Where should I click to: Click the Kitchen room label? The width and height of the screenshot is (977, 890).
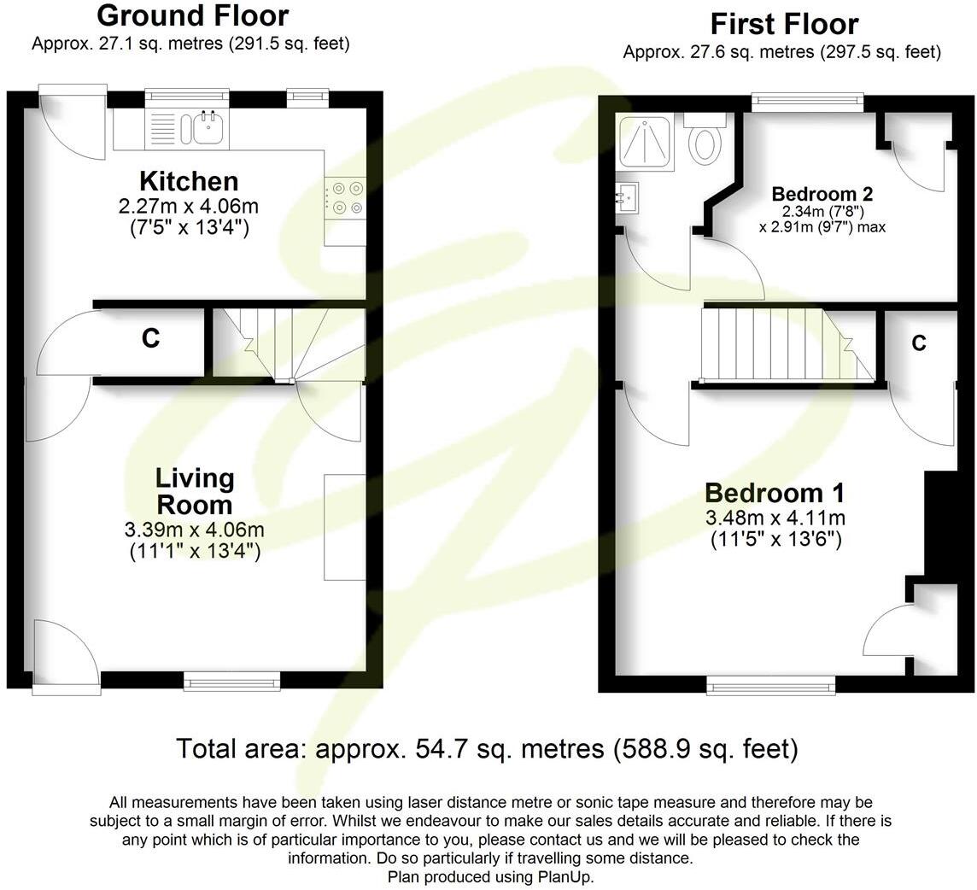(x=188, y=181)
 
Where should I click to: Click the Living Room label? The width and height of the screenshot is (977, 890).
(x=195, y=490)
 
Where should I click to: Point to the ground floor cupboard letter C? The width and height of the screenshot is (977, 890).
(x=150, y=339)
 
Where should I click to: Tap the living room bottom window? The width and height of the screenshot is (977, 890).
(x=231, y=680)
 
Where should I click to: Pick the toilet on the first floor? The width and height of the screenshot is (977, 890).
(x=705, y=142)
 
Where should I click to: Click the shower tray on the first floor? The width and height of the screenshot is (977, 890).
(x=646, y=142)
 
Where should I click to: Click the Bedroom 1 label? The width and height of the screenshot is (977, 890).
(x=775, y=493)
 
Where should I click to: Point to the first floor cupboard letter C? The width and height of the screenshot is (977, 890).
(x=919, y=343)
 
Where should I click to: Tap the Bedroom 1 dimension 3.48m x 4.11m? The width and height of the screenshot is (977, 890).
(x=775, y=518)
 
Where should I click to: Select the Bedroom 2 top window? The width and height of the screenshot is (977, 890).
(x=807, y=102)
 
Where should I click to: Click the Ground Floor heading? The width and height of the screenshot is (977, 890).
(x=192, y=15)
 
